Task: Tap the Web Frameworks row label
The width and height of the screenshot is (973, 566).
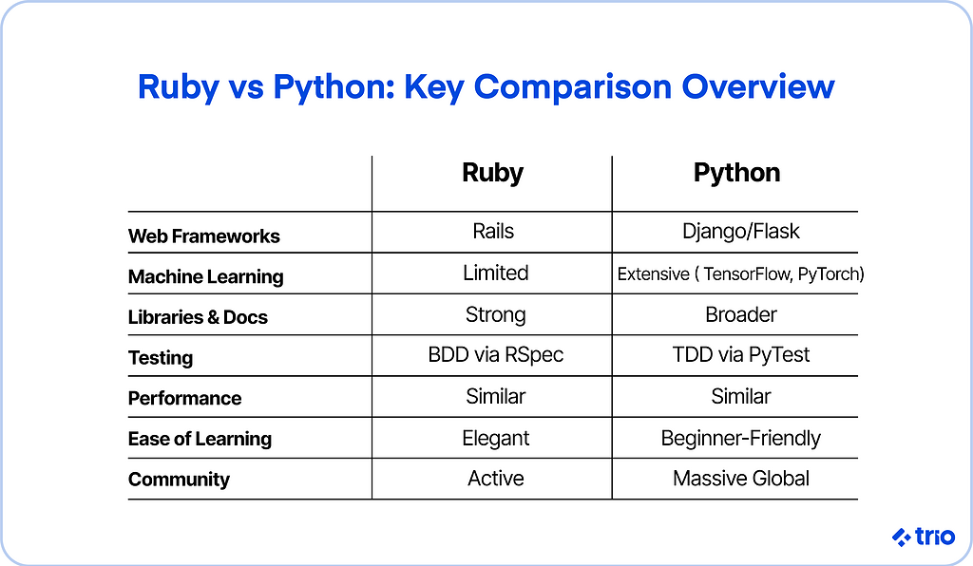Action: pos(203,236)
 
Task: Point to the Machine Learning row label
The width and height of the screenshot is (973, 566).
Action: pos(205,277)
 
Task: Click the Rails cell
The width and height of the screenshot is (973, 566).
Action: pos(493,231)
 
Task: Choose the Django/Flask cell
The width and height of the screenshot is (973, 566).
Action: pos(741,232)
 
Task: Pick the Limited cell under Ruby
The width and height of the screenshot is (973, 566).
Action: pos(495,273)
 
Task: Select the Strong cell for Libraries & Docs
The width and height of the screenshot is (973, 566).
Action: pos(495,315)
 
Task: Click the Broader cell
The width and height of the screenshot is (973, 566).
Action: pos(741,315)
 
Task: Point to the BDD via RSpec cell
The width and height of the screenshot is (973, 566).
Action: pos(495,354)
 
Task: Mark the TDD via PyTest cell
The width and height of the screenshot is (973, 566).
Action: pos(741,355)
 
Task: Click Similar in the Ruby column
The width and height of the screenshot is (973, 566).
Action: pos(495,397)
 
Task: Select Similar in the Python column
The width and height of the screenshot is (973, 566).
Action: pos(741,397)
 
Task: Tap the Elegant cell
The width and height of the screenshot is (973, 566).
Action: pos(495,439)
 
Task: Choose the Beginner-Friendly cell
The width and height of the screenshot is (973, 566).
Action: pos(741,439)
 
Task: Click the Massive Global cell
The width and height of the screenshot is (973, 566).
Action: pos(741,479)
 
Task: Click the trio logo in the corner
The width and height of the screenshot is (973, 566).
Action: pos(924,537)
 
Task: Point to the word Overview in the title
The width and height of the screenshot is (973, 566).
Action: pos(758,86)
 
